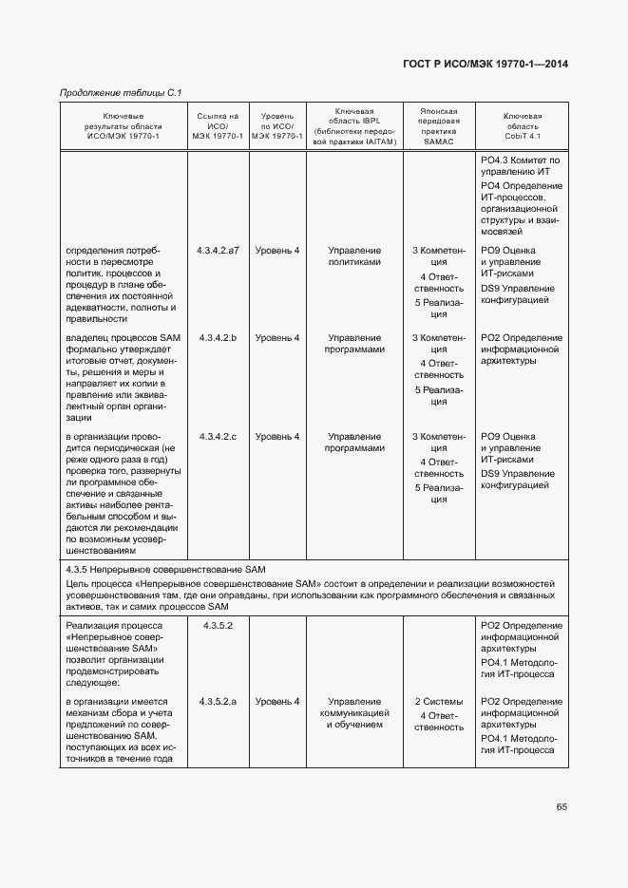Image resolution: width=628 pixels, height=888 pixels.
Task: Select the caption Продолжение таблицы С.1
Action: tap(121, 93)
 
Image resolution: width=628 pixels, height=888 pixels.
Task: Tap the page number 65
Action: tap(561, 807)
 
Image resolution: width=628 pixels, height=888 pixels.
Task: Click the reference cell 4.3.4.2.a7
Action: tap(218, 251)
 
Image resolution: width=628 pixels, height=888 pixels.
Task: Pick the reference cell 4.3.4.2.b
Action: tap(218, 338)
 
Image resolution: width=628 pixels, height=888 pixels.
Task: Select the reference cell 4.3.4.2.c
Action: tap(218, 437)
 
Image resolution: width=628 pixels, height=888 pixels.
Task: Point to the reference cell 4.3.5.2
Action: tap(218, 626)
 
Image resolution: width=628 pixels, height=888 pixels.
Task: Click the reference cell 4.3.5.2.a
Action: tap(218, 701)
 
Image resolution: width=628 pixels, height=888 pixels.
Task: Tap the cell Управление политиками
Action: tap(354, 256)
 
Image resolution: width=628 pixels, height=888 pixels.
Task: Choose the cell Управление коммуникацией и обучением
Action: tap(354, 713)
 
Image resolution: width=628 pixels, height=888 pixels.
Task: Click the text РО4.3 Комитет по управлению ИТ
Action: tap(521, 165)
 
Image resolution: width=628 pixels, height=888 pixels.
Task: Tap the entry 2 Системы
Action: tap(439, 701)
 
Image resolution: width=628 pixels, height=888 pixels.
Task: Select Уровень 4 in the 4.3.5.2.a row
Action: tap(277, 701)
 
